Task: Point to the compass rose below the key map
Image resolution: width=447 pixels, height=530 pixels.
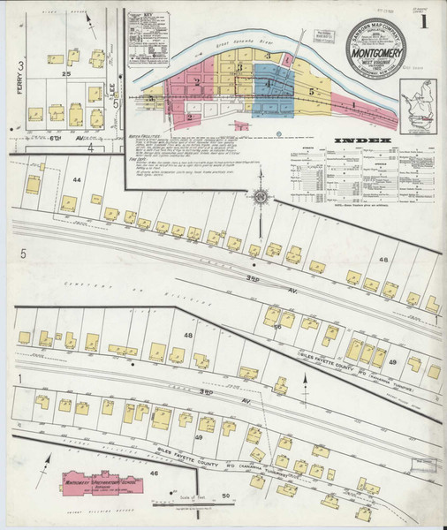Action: click(x=260, y=197)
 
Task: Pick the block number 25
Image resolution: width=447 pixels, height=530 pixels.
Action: click(x=65, y=74)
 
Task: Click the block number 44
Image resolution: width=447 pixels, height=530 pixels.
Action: click(x=77, y=180)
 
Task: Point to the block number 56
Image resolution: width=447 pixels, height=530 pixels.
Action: click(x=277, y=327)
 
